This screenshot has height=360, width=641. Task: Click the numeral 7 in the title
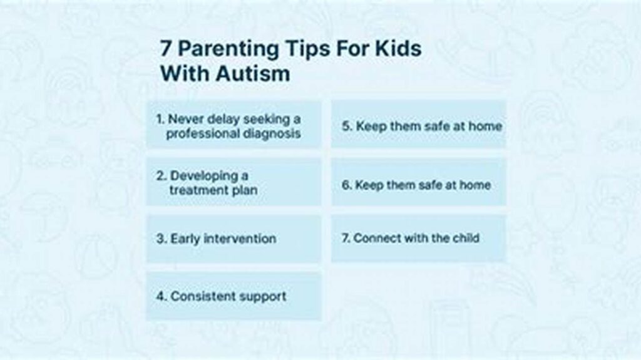165,49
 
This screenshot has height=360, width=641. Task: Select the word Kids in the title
397,49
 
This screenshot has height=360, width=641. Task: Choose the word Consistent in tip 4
200,296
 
